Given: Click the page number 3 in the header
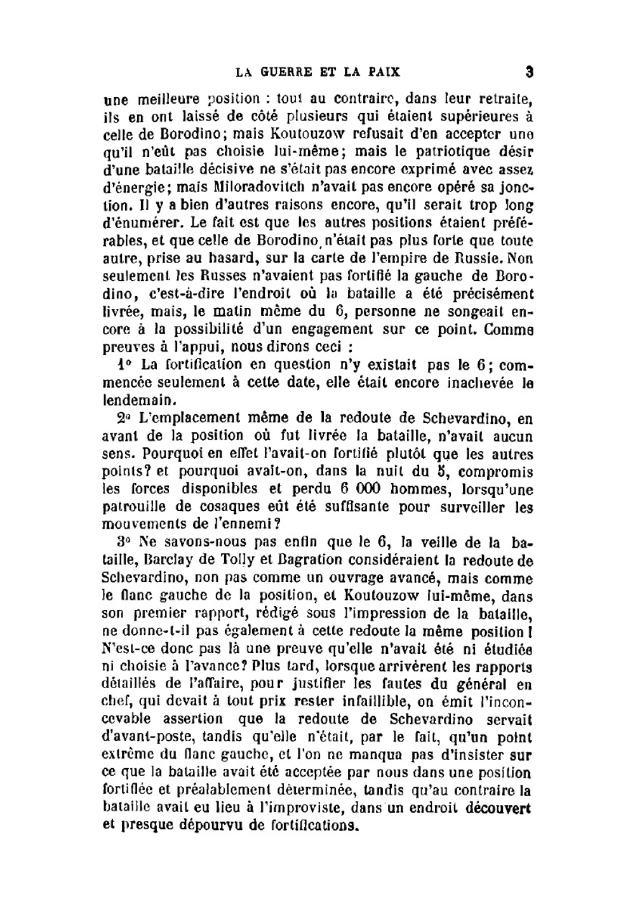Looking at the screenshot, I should point(528,72).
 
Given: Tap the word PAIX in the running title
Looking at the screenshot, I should point(384,72).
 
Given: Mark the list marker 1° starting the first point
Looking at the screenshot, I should point(124,365).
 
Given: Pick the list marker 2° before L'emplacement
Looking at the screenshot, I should point(123,418).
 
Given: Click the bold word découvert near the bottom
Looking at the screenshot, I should point(498,810).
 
